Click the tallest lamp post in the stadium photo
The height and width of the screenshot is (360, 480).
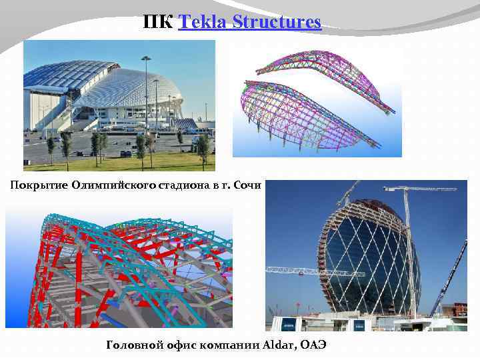click(146, 93)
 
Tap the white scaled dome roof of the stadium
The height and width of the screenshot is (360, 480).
click(127, 87)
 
